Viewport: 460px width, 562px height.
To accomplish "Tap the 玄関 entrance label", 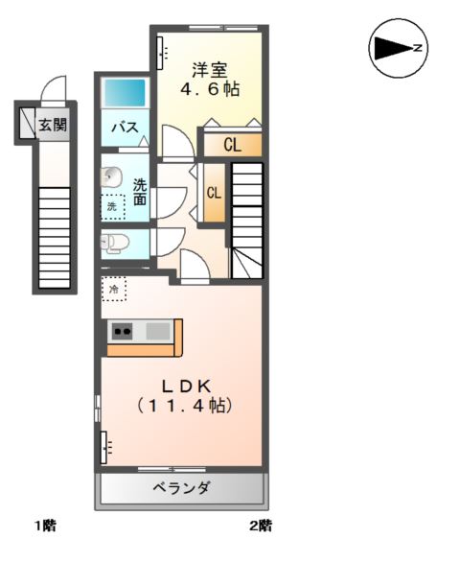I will click(53, 123).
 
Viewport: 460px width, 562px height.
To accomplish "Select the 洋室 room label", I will click(208, 69).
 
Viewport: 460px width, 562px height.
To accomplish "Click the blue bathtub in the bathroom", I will click(125, 93).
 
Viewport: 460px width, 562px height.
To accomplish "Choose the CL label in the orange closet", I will click(232, 145).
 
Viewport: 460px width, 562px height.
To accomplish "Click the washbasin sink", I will click(111, 177).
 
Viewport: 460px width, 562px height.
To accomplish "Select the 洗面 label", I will click(140, 192).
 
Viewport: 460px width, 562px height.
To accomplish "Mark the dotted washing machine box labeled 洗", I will click(113, 206).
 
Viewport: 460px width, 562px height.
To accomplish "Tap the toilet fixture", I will click(113, 242).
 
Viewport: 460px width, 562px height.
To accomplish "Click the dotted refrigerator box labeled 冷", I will click(114, 288).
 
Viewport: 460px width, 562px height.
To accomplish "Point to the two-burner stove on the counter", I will click(123, 332).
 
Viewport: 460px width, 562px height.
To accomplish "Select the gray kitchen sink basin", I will click(158, 332).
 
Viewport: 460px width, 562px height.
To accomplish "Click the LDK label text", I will click(185, 386).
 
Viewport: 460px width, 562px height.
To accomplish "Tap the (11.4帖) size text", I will click(185, 406).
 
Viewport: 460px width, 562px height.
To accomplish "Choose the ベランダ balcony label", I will click(181, 488).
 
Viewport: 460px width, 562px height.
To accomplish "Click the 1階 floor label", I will click(46, 526).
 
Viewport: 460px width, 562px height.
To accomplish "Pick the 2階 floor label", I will click(262, 526).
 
